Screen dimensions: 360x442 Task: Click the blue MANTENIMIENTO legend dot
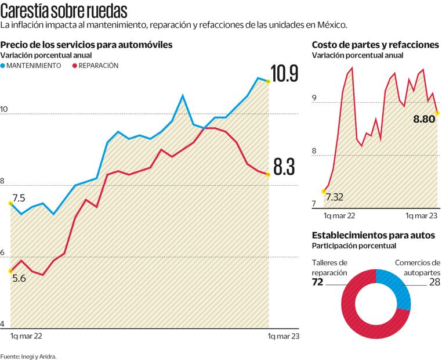tap(3, 66)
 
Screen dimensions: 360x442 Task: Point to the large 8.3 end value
tap(284, 167)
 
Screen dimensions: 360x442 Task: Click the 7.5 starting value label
tap(19, 198)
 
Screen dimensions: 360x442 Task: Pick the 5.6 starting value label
tap(19, 278)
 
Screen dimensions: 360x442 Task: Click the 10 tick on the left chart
tap(5, 109)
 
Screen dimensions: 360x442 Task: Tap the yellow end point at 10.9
tap(268, 82)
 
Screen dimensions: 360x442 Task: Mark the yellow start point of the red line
tap(10, 271)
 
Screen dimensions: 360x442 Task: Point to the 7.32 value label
tap(335, 197)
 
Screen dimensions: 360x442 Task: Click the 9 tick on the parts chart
tap(314, 99)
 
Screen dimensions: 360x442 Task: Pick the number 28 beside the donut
tap(434, 283)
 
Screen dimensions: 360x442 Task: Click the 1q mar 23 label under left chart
tap(284, 336)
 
